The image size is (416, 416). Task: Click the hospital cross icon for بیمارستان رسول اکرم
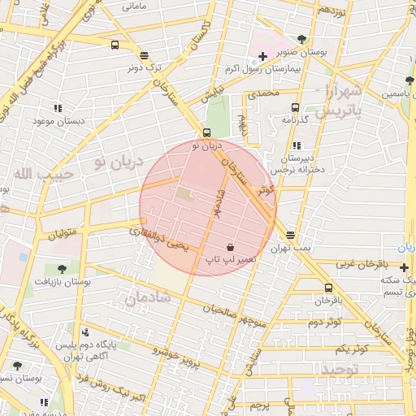point(262,56)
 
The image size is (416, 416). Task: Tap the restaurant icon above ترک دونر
point(144,56)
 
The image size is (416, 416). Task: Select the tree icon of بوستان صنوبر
point(302,38)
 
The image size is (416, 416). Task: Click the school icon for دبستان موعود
point(58,107)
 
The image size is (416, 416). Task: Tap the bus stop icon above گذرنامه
point(294,106)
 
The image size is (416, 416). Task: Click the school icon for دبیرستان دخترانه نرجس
point(294,146)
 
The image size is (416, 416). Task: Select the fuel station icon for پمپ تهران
point(291,235)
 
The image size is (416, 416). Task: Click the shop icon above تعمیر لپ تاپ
point(231,246)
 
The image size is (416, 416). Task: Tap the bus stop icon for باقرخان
point(328,288)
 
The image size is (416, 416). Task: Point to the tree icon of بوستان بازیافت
point(62,267)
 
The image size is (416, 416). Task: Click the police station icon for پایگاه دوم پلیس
point(86,331)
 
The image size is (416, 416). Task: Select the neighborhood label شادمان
point(147,299)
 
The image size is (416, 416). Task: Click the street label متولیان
point(63,236)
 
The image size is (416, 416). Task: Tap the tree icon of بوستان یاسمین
point(409,80)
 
